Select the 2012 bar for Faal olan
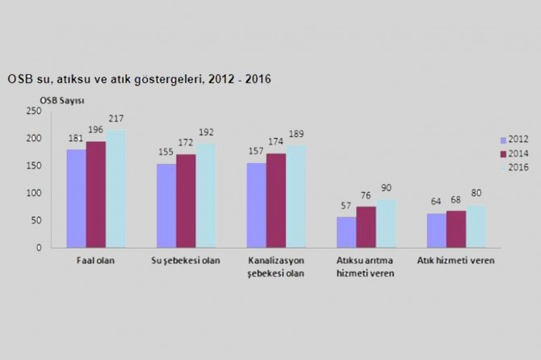75,198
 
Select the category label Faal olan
95,262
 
